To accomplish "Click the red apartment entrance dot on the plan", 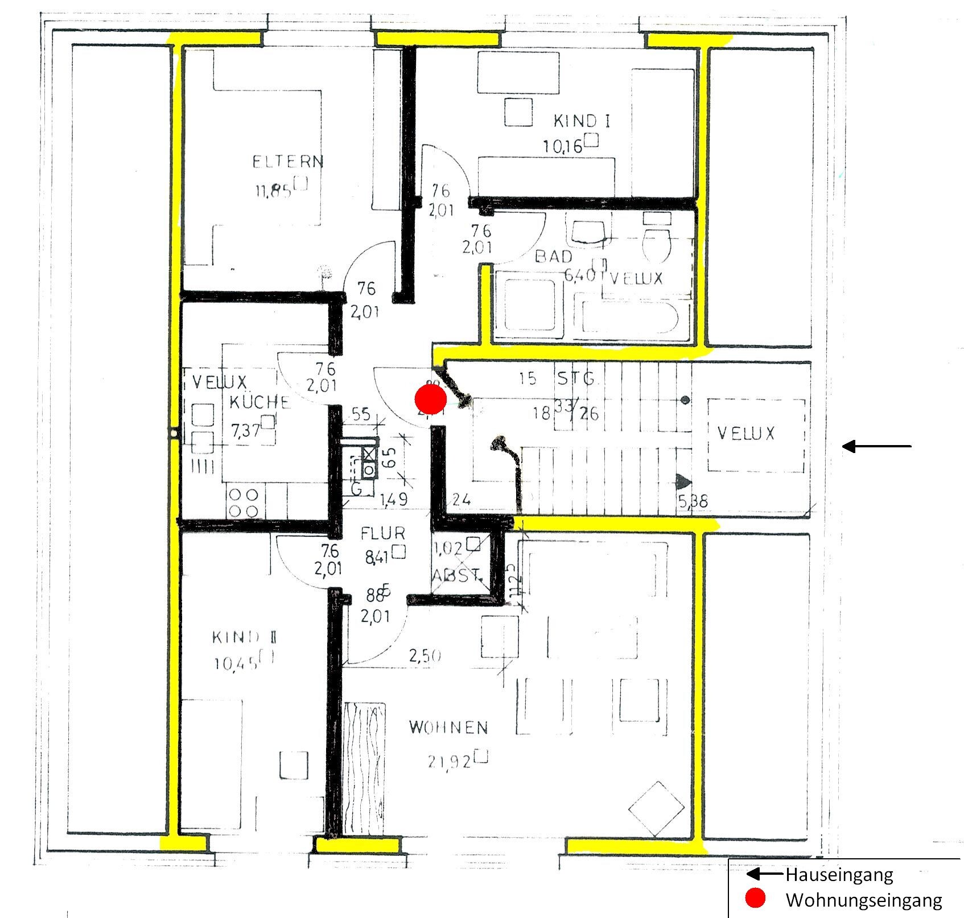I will tap(430, 400).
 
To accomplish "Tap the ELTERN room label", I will tap(288, 162).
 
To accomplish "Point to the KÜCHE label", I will tap(259, 402).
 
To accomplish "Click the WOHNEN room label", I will tap(448, 727).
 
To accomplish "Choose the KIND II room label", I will tap(245, 637).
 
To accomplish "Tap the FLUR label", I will tap(383, 534).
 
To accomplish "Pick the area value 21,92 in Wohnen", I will tap(448, 761).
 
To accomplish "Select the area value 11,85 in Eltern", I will tap(274, 191).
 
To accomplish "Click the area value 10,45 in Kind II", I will tap(237, 663).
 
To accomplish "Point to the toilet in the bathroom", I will tap(657, 241).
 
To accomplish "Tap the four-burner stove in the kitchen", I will tap(245, 503).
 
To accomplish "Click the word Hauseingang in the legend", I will tap(839, 874).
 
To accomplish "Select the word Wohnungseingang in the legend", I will tap(863, 900).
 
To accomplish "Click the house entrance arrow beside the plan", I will tap(876, 447).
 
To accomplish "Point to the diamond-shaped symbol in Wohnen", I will tap(656, 809).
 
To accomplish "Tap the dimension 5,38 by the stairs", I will tap(694, 501).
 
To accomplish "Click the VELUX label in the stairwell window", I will tap(745, 434).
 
